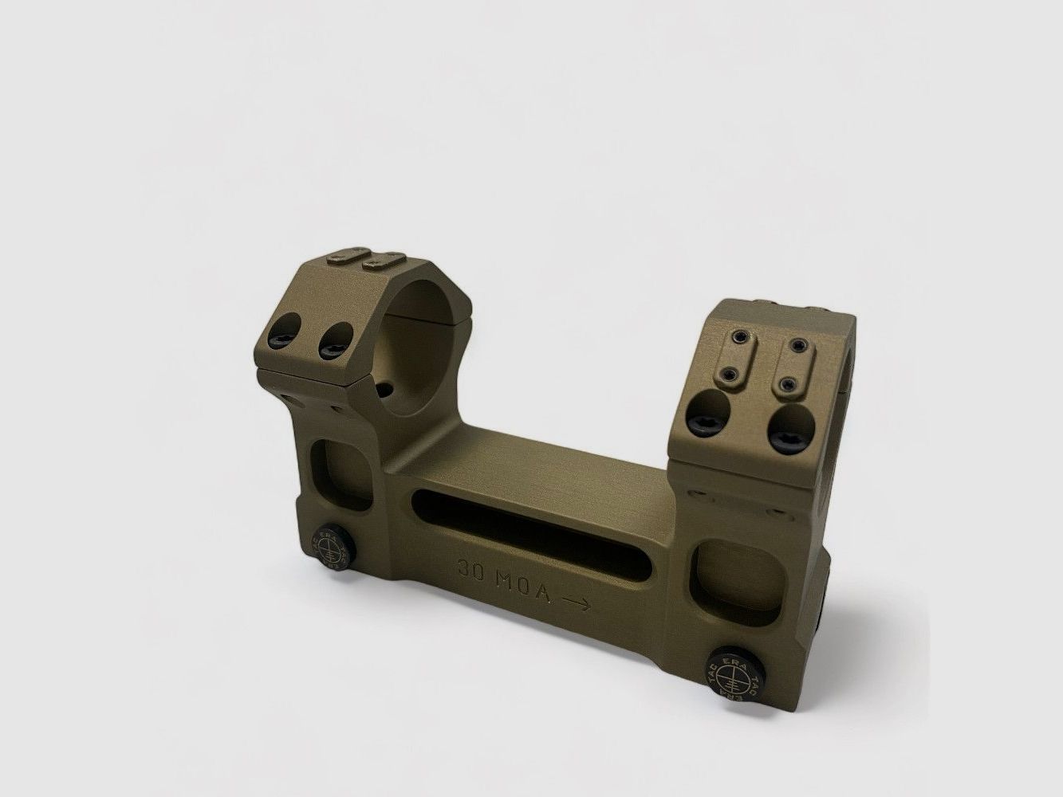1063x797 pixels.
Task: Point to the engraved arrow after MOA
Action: (x=575, y=604)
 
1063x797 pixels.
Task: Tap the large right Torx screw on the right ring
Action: (x=785, y=429)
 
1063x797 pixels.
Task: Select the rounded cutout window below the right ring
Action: (x=722, y=567)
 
